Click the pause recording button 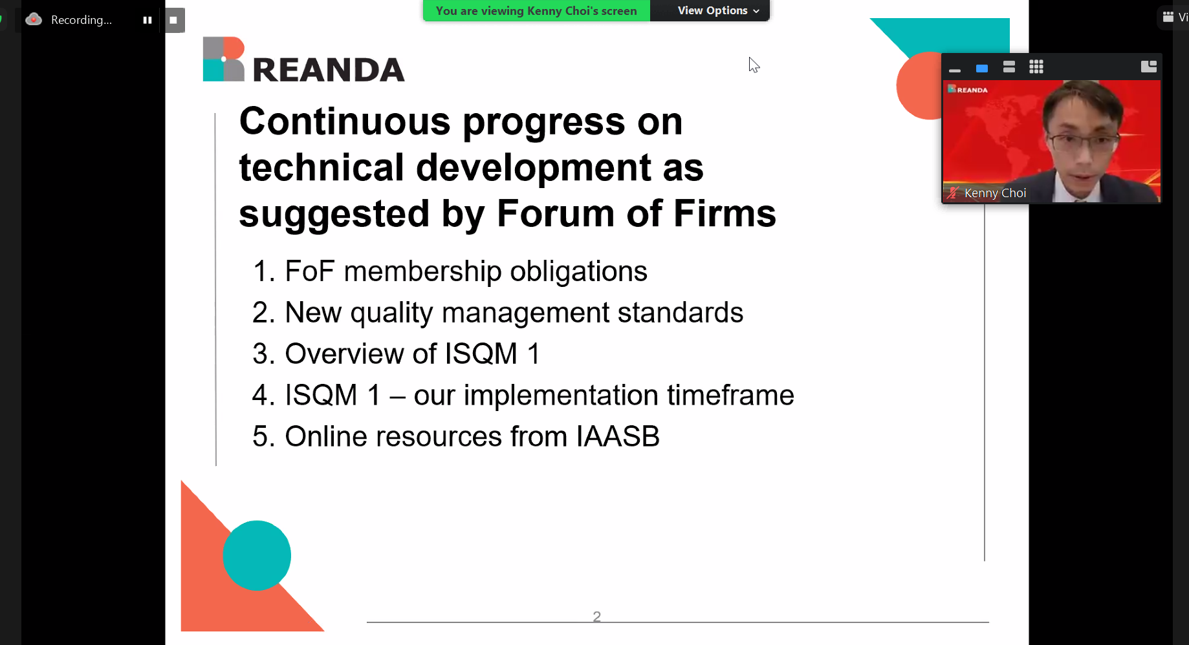pos(147,20)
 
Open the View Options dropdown pos(718,10)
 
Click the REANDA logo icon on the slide pos(224,59)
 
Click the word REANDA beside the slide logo pos(329,70)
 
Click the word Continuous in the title pos(345,121)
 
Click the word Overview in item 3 pos(345,354)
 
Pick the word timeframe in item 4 pos(730,395)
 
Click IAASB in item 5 pos(618,436)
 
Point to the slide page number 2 pos(597,617)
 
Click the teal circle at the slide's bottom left pos(257,555)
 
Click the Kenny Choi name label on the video pos(995,193)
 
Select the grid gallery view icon pos(1036,67)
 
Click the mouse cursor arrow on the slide pos(754,65)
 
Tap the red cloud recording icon pos(34,19)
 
